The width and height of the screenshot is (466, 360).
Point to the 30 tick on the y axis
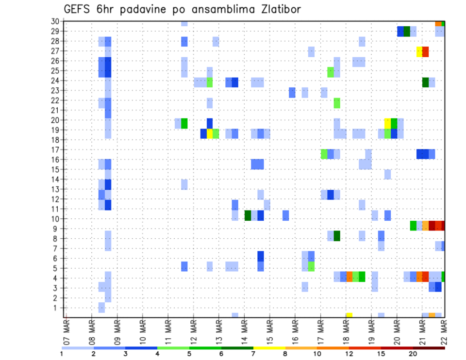[x=55, y=21]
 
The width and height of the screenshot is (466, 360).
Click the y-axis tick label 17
[x=55, y=149]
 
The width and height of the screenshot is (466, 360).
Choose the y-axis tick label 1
[x=57, y=308]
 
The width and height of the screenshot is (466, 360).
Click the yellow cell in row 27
[x=419, y=51]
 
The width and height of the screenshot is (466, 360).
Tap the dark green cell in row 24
[x=426, y=82]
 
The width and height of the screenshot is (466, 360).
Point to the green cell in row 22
[x=337, y=103]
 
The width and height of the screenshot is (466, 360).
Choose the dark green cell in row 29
[x=407, y=32]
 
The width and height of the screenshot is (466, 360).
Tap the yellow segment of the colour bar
[x=269, y=348]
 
